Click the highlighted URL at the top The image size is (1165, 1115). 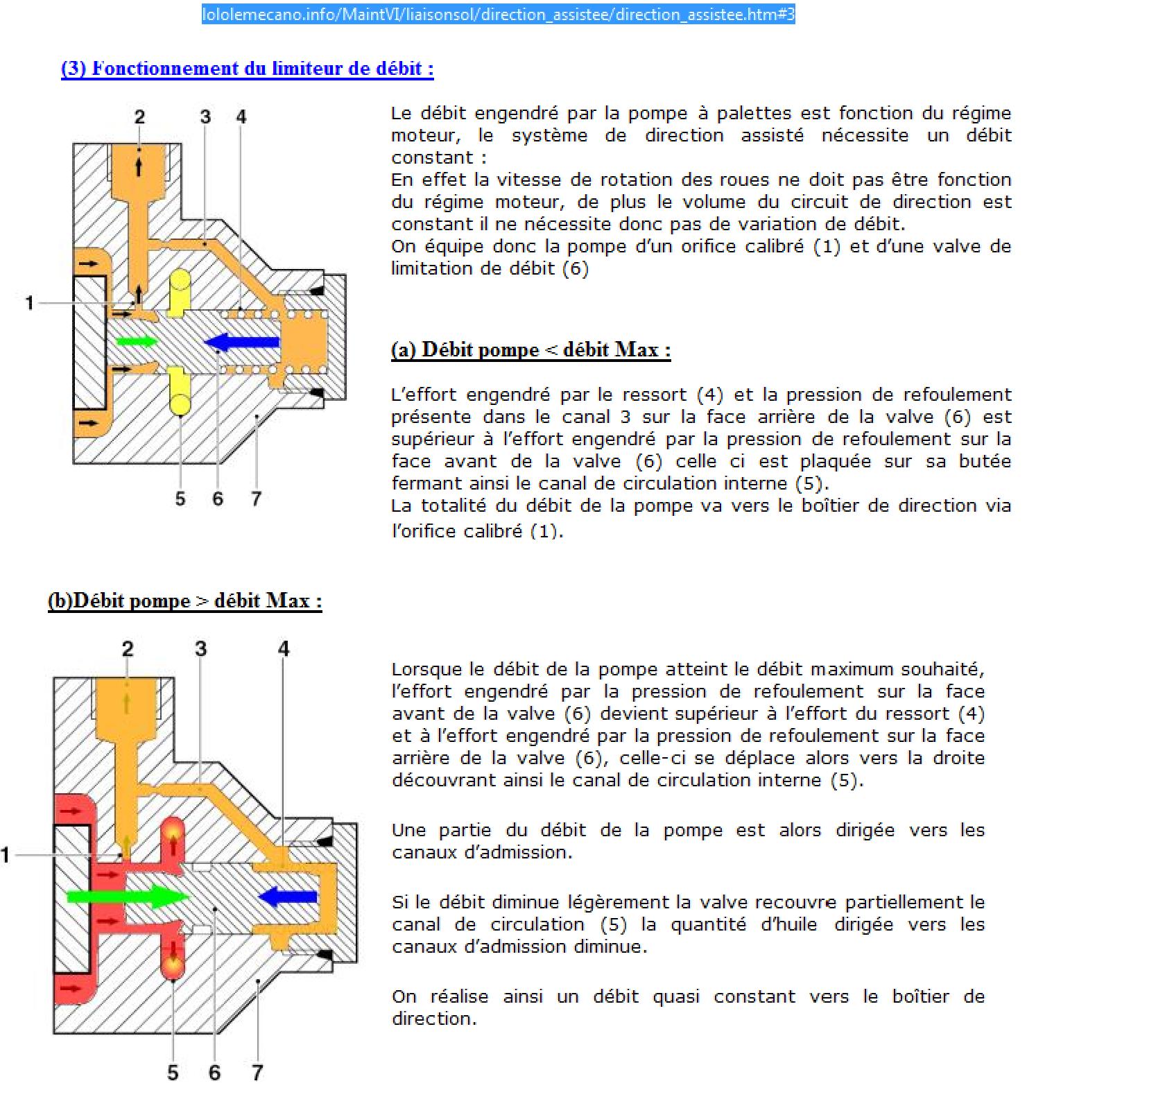tap(498, 14)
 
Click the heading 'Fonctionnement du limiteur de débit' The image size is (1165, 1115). tap(248, 69)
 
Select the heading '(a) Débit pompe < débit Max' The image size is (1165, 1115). tap(530, 349)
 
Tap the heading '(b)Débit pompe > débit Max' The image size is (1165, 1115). tap(185, 600)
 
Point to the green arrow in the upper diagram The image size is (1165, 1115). tap(137, 340)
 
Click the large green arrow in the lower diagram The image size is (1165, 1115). tap(128, 897)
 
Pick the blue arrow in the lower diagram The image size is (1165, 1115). tap(288, 897)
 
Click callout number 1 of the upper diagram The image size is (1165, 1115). tap(29, 303)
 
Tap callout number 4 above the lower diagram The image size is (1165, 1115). tap(284, 648)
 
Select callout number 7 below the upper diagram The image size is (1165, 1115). tap(256, 499)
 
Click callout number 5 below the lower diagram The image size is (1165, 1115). tap(173, 1073)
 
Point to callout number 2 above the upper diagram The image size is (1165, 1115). tap(139, 116)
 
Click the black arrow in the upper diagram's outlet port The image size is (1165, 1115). tap(139, 166)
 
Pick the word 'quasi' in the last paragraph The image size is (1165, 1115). tap(674, 996)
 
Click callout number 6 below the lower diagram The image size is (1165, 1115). tap(215, 1073)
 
